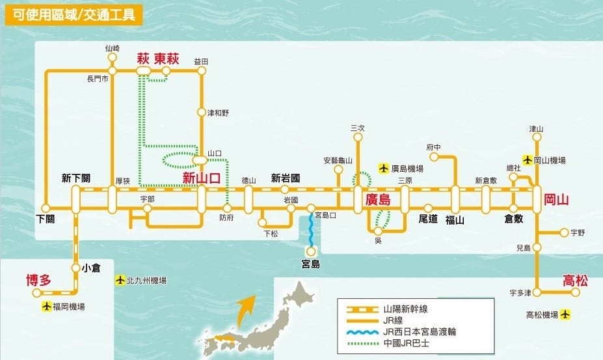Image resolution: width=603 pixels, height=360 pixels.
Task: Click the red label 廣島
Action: click(x=378, y=200)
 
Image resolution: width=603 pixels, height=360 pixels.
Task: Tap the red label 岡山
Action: click(x=557, y=200)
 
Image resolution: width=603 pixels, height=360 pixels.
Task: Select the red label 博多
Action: click(x=38, y=281)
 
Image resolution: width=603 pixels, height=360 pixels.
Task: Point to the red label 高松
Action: click(x=576, y=281)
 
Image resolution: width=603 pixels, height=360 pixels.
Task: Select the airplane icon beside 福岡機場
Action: click(x=46, y=306)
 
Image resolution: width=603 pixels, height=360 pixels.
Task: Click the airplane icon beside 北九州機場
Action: click(x=119, y=281)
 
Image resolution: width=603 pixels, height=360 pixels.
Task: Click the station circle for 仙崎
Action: click(x=113, y=57)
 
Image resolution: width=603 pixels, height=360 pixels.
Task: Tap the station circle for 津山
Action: click(x=536, y=137)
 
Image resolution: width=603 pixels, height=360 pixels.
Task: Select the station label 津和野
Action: click(x=218, y=113)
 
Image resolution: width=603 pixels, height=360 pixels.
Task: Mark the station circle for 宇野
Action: click(x=563, y=232)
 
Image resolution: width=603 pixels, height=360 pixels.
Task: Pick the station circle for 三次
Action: click(x=357, y=137)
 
